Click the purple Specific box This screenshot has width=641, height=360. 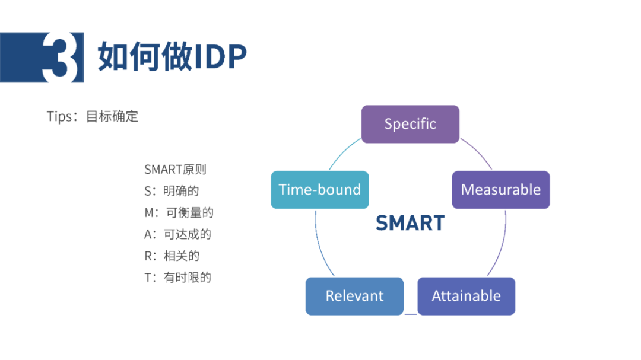tap(410, 124)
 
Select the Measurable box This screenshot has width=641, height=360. tap(501, 190)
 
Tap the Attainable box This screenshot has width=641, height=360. tap(466, 297)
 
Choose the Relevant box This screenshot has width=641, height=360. tap(354, 297)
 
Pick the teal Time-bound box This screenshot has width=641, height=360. tap(320, 190)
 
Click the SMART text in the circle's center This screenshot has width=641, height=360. tap(410, 223)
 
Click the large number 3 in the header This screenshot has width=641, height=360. tap(60, 58)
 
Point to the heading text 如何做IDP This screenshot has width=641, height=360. tap(172, 56)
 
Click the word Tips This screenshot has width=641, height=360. tap(59, 116)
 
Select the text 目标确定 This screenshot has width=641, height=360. tap(112, 116)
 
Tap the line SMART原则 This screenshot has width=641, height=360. tap(175, 169)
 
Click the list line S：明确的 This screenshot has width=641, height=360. tap(172, 191)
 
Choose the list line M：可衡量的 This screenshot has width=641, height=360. tap(179, 212)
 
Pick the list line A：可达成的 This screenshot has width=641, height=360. tap(178, 234)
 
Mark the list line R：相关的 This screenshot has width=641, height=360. tap(172, 256)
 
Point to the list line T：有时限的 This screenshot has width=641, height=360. tap(178, 278)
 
